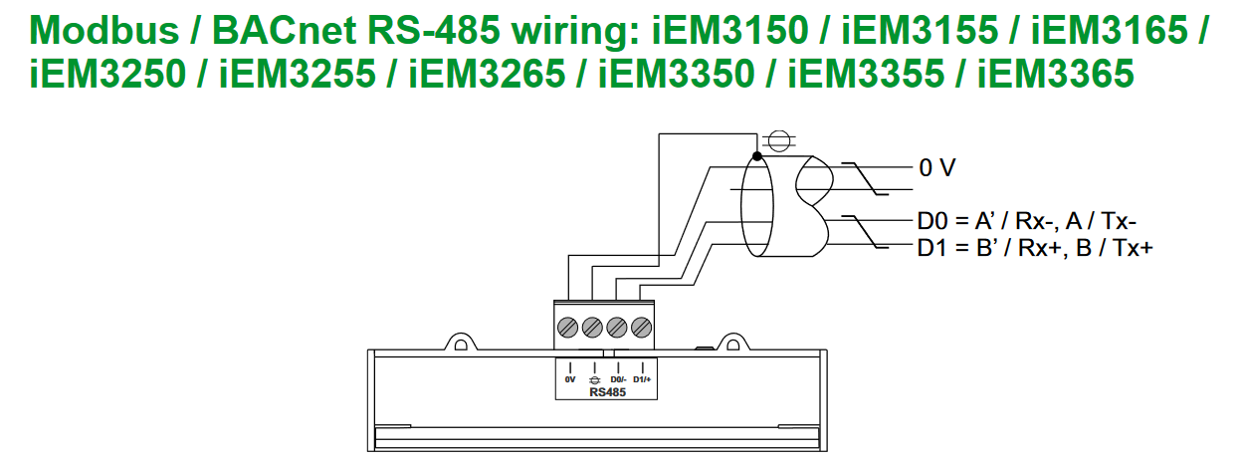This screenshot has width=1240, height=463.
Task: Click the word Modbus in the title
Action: click(x=104, y=30)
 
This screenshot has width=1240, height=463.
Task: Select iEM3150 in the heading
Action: click(x=730, y=30)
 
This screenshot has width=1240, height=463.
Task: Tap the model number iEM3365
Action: click(x=1055, y=74)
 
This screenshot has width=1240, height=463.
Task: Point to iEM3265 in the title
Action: click(x=487, y=74)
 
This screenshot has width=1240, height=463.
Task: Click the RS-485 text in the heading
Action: click(x=434, y=30)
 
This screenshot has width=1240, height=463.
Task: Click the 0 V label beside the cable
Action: click(x=937, y=167)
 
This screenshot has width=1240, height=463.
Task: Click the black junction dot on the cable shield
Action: click(x=757, y=156)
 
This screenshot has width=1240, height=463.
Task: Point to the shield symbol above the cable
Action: click(x=779, y=141)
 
